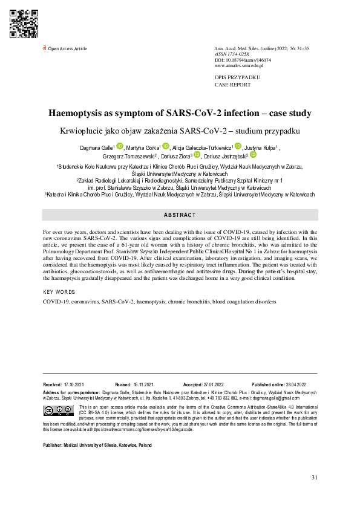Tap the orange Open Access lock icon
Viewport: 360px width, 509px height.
44,48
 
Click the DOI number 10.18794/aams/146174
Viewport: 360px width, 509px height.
249,60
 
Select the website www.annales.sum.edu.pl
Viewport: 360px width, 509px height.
239,65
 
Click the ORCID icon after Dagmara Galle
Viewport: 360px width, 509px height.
120,146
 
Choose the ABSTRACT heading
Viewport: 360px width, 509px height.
180,215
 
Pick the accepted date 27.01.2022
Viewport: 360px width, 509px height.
219,384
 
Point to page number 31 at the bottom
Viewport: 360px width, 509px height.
314,478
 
